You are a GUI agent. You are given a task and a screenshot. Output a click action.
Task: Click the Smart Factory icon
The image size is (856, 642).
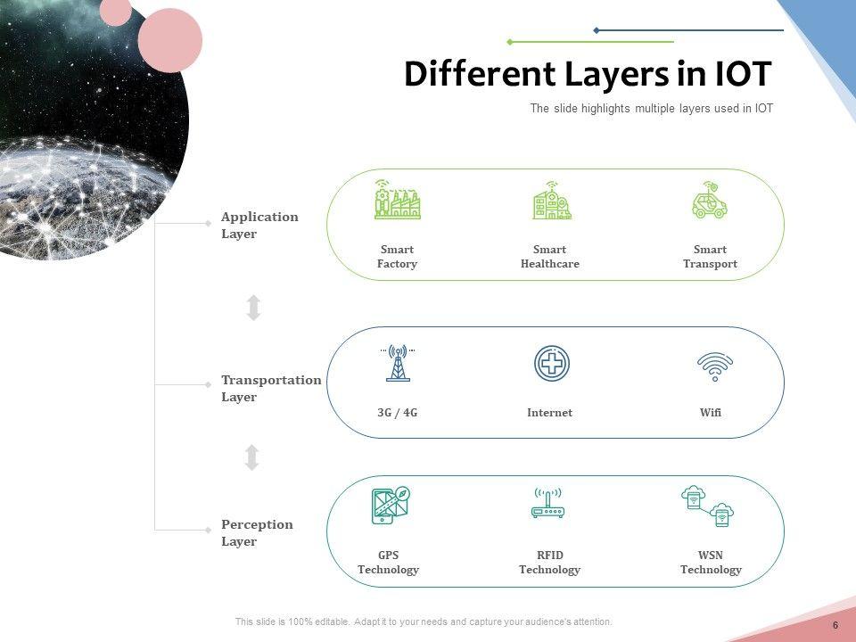[x=397, y=202]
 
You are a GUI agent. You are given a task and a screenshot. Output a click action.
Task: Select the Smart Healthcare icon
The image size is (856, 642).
[x=551, y=202]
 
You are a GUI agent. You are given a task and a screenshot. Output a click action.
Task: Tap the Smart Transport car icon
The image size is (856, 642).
[x=710, y=201]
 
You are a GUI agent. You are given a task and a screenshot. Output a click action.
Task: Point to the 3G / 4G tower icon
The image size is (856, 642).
[x=398, y=364]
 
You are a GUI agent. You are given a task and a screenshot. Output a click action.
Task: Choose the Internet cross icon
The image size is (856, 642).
[x=551, y=364]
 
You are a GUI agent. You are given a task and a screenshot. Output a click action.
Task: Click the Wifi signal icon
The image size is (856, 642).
[x=714, y=366]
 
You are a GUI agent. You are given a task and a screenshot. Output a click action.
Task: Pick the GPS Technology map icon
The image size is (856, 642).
[x=390, y=506]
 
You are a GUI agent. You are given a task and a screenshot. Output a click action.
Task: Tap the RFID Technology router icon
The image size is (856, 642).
[x=549, y=504]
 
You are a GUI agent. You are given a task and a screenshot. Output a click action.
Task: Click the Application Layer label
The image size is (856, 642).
[x=259, y=226]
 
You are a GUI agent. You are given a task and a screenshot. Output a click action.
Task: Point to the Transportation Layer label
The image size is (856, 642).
[x=270, y=389]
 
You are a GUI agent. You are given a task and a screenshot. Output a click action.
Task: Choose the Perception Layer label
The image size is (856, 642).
[x=257, y=533]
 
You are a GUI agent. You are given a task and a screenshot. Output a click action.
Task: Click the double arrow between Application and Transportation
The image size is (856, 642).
[x=253, y=308]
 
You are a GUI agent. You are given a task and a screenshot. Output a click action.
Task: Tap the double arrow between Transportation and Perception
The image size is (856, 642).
[x=252, y=457]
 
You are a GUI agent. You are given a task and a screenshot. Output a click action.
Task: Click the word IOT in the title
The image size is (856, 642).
[x=744, y=75]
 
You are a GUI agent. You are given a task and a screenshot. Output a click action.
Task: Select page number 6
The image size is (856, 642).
[x=835, y=625]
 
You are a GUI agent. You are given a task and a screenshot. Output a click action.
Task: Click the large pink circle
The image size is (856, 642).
[x=170, y=40]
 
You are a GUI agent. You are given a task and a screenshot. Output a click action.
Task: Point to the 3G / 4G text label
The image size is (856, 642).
[x=398, y=413]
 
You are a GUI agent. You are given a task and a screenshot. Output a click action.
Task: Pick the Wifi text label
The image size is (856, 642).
[x=711, y=413]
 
